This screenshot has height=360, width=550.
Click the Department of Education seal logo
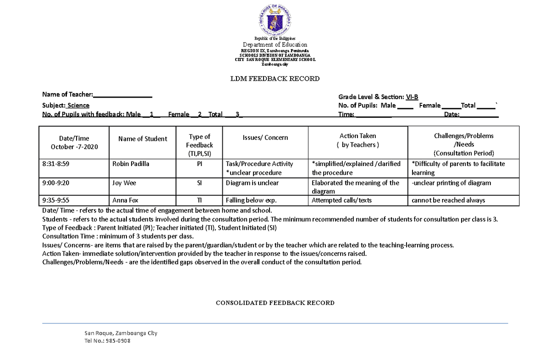tap(275, 20)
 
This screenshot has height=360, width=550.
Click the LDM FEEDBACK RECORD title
tap(275, 79)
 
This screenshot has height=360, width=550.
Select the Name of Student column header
tap(143, 139)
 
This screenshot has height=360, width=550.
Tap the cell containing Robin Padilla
tap(131, 164)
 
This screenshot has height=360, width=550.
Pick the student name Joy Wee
tap(124, 183)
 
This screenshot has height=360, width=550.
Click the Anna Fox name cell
tap(125, 200)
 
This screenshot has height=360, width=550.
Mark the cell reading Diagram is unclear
tap(252, 183)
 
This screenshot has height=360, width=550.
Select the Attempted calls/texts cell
tap(341, 200)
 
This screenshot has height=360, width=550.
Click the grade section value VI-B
tap(412, 97)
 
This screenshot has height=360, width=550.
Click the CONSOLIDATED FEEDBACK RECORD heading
tap(275, 303)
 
